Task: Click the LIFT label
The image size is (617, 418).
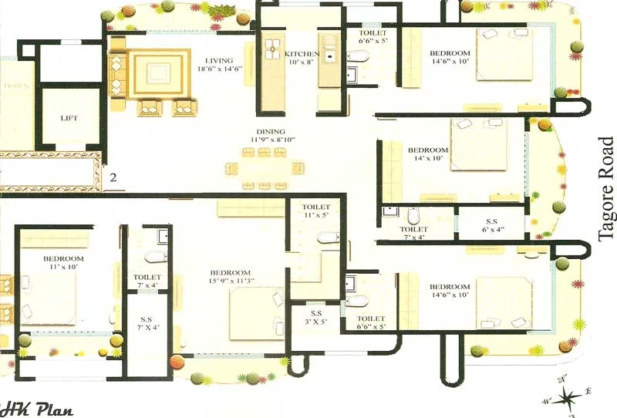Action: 69,119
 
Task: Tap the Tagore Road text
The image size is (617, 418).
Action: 606,190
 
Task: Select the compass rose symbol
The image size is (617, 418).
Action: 569,396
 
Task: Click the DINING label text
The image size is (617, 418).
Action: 267,132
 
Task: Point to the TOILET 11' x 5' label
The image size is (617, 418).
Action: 316,212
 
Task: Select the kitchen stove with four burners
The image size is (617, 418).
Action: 271,49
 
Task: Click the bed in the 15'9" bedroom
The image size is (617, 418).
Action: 257,313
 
